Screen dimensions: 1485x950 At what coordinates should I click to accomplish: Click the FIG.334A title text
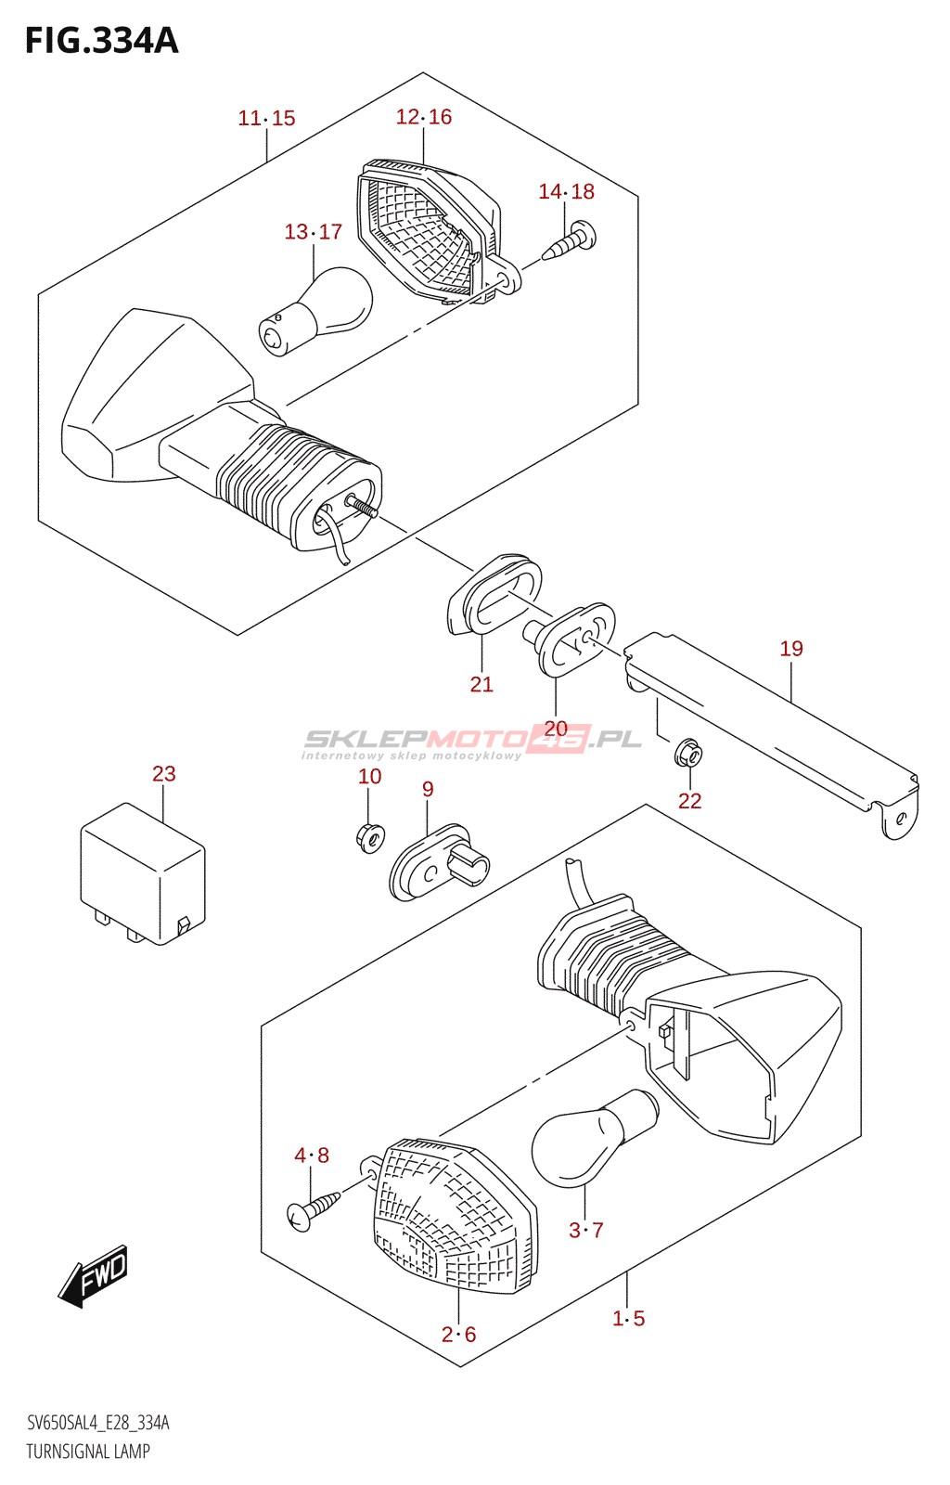pyautogui.click(x=101, y=41)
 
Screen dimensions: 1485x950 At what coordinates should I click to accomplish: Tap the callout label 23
pyautogui.click(x=164, y=773)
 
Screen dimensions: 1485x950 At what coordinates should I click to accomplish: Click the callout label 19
pyautogui.click(x=791, y=648)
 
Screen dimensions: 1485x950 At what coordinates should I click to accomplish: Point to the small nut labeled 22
pyautogui.click(x=688, y=754)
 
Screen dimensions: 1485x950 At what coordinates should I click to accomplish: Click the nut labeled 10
pyautogui.click(x=369, y=837)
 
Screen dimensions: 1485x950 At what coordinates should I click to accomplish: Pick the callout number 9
pyautogui.click(x=428, y=789)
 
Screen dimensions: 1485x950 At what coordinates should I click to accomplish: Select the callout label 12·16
pyautogui.click(x=424, y=116)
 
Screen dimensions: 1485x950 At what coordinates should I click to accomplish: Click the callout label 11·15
pyautogui.click(x=266, y=118)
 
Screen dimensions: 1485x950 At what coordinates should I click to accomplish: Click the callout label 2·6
pyautogui.click(x=458, y=1334)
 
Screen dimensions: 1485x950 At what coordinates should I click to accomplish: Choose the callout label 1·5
pyautogui.click(x=628, y=1318)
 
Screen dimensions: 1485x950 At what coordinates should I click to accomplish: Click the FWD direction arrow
pyautogui.click(x=94, y=1276)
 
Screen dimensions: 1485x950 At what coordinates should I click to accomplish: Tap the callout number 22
pyautogui.click(x=689, y=800)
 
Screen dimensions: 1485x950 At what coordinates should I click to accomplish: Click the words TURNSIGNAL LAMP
pyautogui.click(x=88, y=1451)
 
